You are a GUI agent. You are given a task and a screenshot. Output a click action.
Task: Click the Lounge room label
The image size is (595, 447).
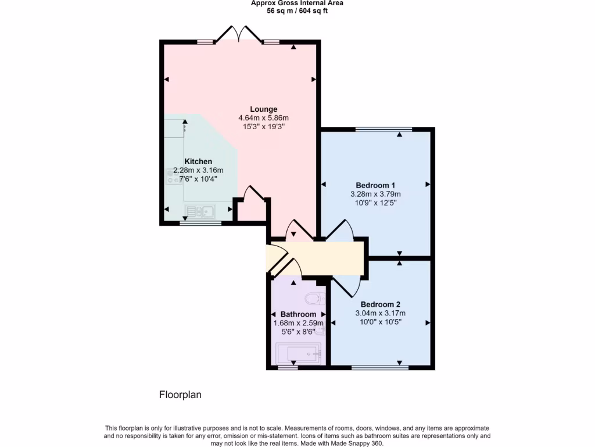(263, 109)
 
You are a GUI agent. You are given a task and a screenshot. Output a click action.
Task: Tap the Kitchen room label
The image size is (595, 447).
(198, 161)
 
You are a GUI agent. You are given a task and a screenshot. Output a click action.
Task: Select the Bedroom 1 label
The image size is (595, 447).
(375, 185)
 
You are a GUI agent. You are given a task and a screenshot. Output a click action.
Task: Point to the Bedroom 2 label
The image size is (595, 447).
(380, 304)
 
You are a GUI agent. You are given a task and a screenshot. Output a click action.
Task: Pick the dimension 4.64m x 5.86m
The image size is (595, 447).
(263, 118)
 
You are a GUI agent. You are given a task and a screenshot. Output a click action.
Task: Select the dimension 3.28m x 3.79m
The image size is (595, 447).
(375, 194)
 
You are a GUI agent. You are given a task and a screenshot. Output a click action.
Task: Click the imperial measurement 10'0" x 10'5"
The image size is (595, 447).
(380, 321)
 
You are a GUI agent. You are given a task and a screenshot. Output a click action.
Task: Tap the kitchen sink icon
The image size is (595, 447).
(200, 211)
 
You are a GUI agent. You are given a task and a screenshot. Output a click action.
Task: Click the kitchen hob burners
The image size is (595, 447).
(174, 176)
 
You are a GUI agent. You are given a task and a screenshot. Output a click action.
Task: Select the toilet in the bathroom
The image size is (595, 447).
(313, 299)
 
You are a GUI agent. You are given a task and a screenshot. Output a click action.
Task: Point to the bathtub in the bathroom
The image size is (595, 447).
(298, 354)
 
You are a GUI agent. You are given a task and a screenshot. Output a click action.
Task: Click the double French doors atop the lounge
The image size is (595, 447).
(239, 34)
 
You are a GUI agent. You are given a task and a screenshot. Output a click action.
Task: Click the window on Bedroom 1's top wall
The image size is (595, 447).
(383, 129)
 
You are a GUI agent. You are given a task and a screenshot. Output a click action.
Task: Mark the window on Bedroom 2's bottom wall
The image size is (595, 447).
(379, 367)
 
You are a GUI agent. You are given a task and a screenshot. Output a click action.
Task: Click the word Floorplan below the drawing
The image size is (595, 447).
(180, 395)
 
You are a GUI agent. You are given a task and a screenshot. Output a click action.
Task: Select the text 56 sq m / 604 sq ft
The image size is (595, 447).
(297, 11)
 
